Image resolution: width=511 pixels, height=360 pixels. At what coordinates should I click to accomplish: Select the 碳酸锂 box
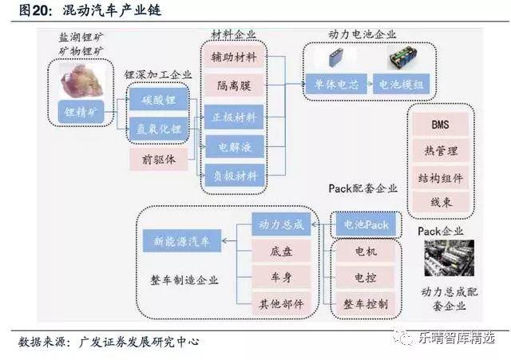point(158,101)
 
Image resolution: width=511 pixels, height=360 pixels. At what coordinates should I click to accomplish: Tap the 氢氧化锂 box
point(158,128)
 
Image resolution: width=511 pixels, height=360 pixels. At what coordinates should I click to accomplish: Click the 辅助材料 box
point(233,57)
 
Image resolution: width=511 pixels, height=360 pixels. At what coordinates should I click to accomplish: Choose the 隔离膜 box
point(233,85)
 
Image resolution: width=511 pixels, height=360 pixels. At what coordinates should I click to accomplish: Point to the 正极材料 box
point(233,117)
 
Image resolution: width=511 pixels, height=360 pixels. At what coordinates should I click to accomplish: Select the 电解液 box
point(233,147)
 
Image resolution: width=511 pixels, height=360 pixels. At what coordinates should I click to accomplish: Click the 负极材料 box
point(233,176)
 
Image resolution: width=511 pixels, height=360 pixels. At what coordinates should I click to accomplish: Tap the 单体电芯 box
point(335,84)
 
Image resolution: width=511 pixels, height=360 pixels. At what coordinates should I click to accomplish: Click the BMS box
point(440,125)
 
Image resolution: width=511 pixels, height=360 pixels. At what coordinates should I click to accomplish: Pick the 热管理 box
point(440,151)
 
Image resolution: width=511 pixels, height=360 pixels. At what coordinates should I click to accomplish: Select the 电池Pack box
point(365,224)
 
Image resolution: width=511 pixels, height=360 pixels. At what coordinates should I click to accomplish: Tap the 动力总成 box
point(277,224)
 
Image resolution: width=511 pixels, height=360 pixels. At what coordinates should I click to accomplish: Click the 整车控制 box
point(365,304)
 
